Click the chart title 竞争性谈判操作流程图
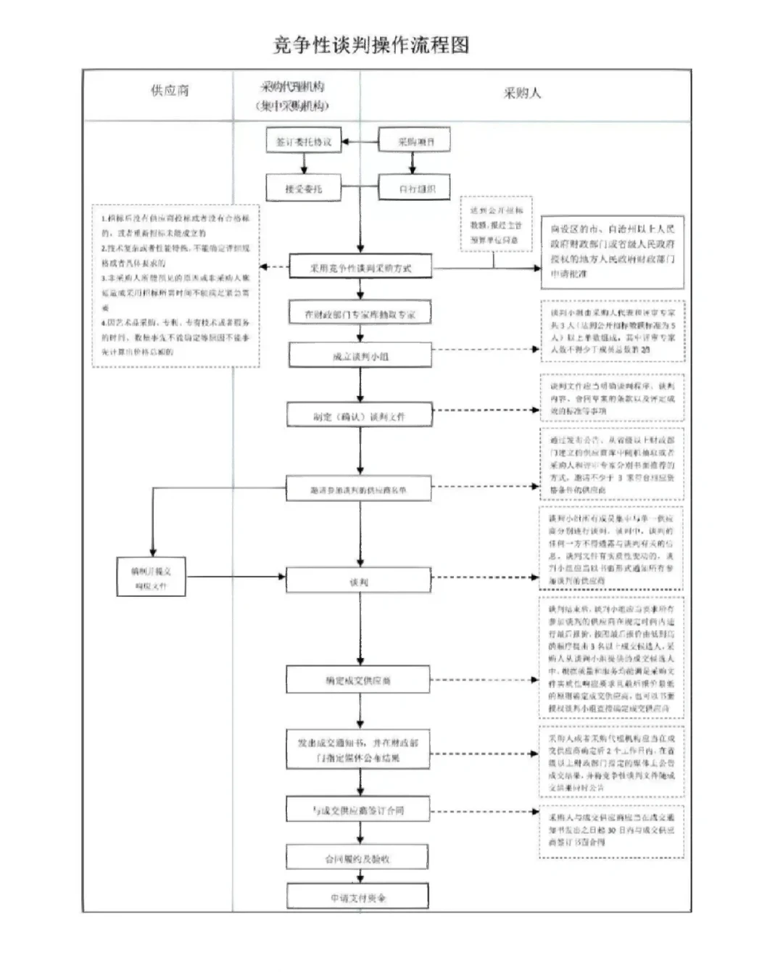(x=370, y=45)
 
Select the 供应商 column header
(x=170, y=91)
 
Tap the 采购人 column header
(x=522, y=93)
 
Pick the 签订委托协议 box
(x=304, y=142)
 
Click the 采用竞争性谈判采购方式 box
(x=361, y=268)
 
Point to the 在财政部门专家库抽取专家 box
(x=360, y=314)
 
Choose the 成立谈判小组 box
(x=360, y=356)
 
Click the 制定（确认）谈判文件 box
(x=360, y=416)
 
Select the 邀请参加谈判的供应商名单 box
(x=359, y=490)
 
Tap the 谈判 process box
(x=359, y=582)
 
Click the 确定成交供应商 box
(x=358, y=680)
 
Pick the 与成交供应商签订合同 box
(x=358, y=810)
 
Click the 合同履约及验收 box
(x=357, y=859)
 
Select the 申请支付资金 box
(x=357, y=897)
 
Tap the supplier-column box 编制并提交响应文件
(x=152, y=577)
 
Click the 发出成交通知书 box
(x=358, y=750)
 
